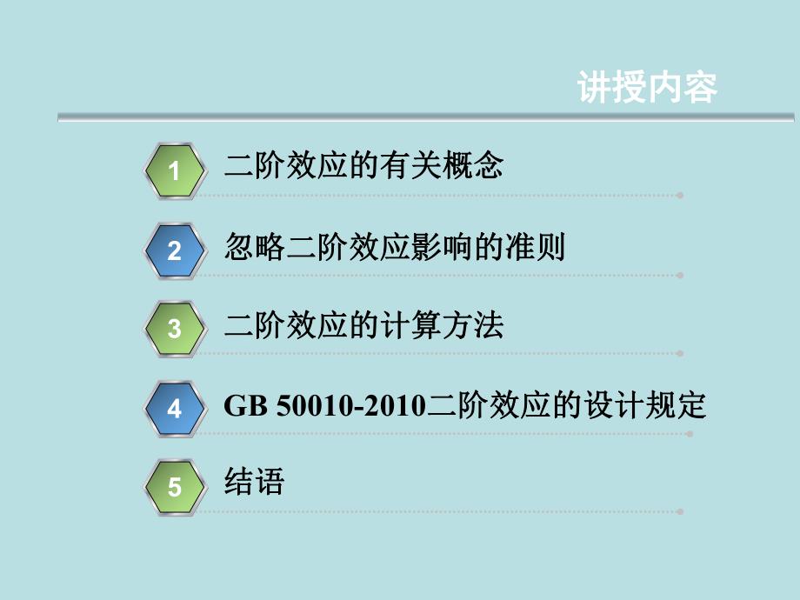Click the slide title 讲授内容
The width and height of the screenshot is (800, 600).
[x=648, y=87]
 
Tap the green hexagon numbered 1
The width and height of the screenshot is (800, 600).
[x=175, y=171]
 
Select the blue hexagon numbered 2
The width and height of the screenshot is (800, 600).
[x=175, y=250]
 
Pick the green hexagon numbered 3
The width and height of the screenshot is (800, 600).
[x=175, y=329]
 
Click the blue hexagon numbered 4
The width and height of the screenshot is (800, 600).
[x=175, y=409]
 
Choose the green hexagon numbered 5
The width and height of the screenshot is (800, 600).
[x=175, y=487]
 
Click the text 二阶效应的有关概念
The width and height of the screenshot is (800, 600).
[x=363, y=165]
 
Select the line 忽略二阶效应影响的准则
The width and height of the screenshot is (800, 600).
[x=395, y=246]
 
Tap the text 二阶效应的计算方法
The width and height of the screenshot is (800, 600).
[x=363, y=325]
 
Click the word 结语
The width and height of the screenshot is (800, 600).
[x=254, y=481]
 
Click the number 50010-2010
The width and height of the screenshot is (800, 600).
[x=351, y=406]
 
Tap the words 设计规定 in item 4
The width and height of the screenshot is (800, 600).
[x=645, y=405]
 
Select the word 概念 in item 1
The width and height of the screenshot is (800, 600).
[x=473, y=165]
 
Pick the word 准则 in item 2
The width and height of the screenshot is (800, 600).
[x=535, y=246]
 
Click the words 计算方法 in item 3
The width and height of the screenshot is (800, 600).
[x=443, y=325]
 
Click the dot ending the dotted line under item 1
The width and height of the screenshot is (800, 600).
[x=680, y=196]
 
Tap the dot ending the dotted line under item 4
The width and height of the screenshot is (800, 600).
[x=690, y=434]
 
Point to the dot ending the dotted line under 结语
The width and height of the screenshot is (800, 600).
[x=680, y=511]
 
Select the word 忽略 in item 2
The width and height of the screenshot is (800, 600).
[x=255, y=246]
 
